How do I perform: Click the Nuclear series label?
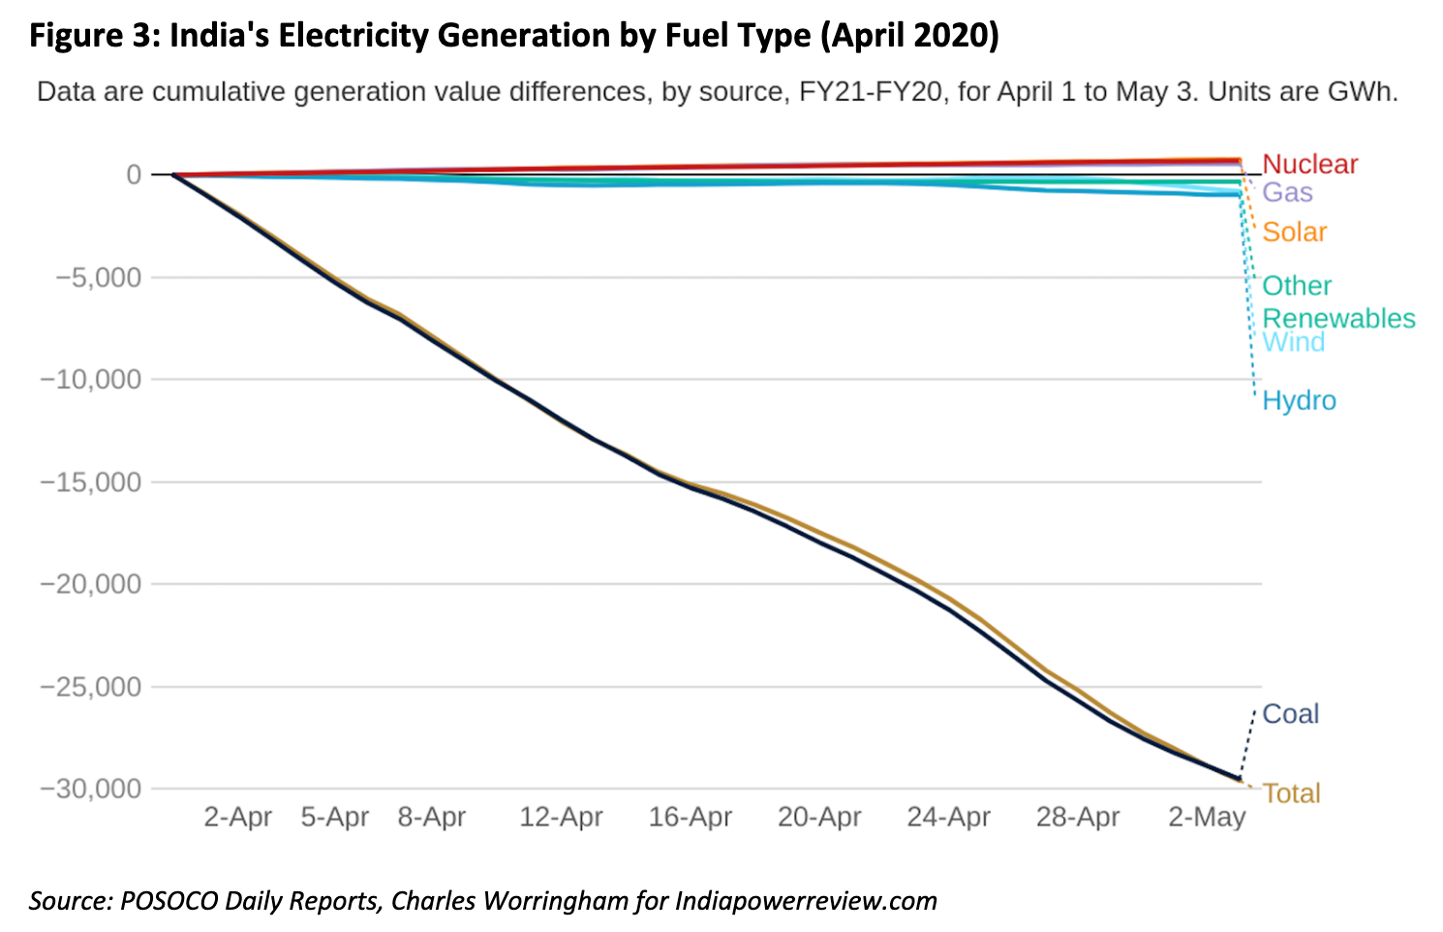pyautogui.click(x=1309, y=165)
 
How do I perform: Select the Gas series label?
pyautogui.click(x=1287, y=193)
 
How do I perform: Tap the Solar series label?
pyautogui.click(x=1294, y=233)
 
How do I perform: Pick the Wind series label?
pyautogui.click(x=1293, y=343)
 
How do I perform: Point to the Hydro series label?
pyautogui.click(x=1299, y=401)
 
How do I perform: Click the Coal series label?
pyautogui.click(x=1291, y=714)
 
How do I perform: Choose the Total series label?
pyautogui.click(x=1291, y=793)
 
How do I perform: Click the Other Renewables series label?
pyautogui.click(x=1337, y=302)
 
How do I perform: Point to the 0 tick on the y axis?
pyautogui.click(x=133, y=175)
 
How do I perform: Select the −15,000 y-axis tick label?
pyautogui.click(x=90, y=482)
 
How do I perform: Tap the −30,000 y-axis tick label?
pyautogui.click(x=90, y=789)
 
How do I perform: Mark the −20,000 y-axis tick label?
pyautogui.click(x=90, y=584)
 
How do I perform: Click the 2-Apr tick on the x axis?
pyautogui.click(x=237, y=818)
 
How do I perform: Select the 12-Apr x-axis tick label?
pyautogui.click(x=561, y=818)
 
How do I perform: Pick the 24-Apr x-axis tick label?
pyautogui.click(x=948, y=818)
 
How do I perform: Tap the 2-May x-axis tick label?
pyautogui.click(x=1207, y=818)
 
